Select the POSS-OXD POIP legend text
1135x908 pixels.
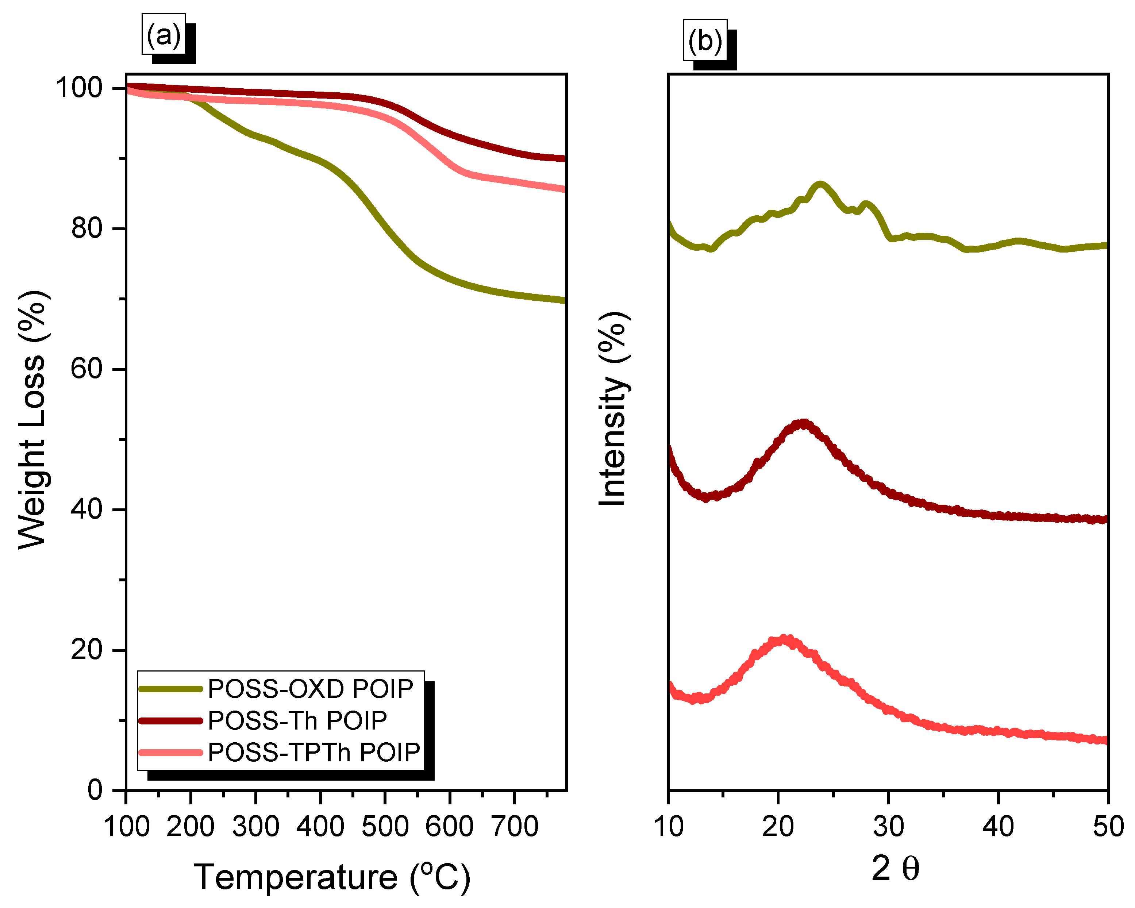click(311, 689)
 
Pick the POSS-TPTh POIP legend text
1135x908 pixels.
click(314, 752)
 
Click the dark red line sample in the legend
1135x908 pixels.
click(170, 721)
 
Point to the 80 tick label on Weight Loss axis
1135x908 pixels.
click(86, 228)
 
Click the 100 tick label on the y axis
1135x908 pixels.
click(79, 88)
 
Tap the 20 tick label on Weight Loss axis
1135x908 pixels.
click(86, 650)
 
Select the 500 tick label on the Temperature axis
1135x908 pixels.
click(385, 826)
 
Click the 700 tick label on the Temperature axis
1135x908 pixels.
click(514, 826)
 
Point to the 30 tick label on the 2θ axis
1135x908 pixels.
click(889, 826)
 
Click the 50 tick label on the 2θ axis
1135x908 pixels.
click(1108, 826)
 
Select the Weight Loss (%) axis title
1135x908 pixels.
click(32, 420)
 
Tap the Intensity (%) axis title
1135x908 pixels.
click(614, 409)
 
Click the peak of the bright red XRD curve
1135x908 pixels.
click(784, 639)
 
